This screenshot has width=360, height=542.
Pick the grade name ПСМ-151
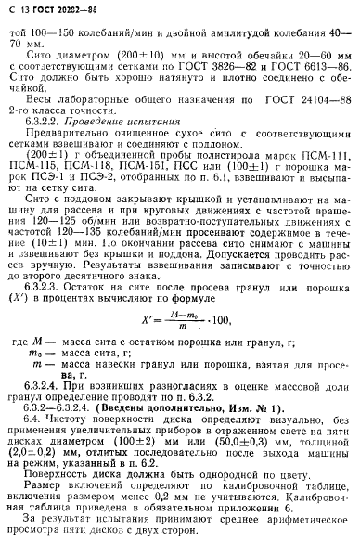(168, 184)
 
